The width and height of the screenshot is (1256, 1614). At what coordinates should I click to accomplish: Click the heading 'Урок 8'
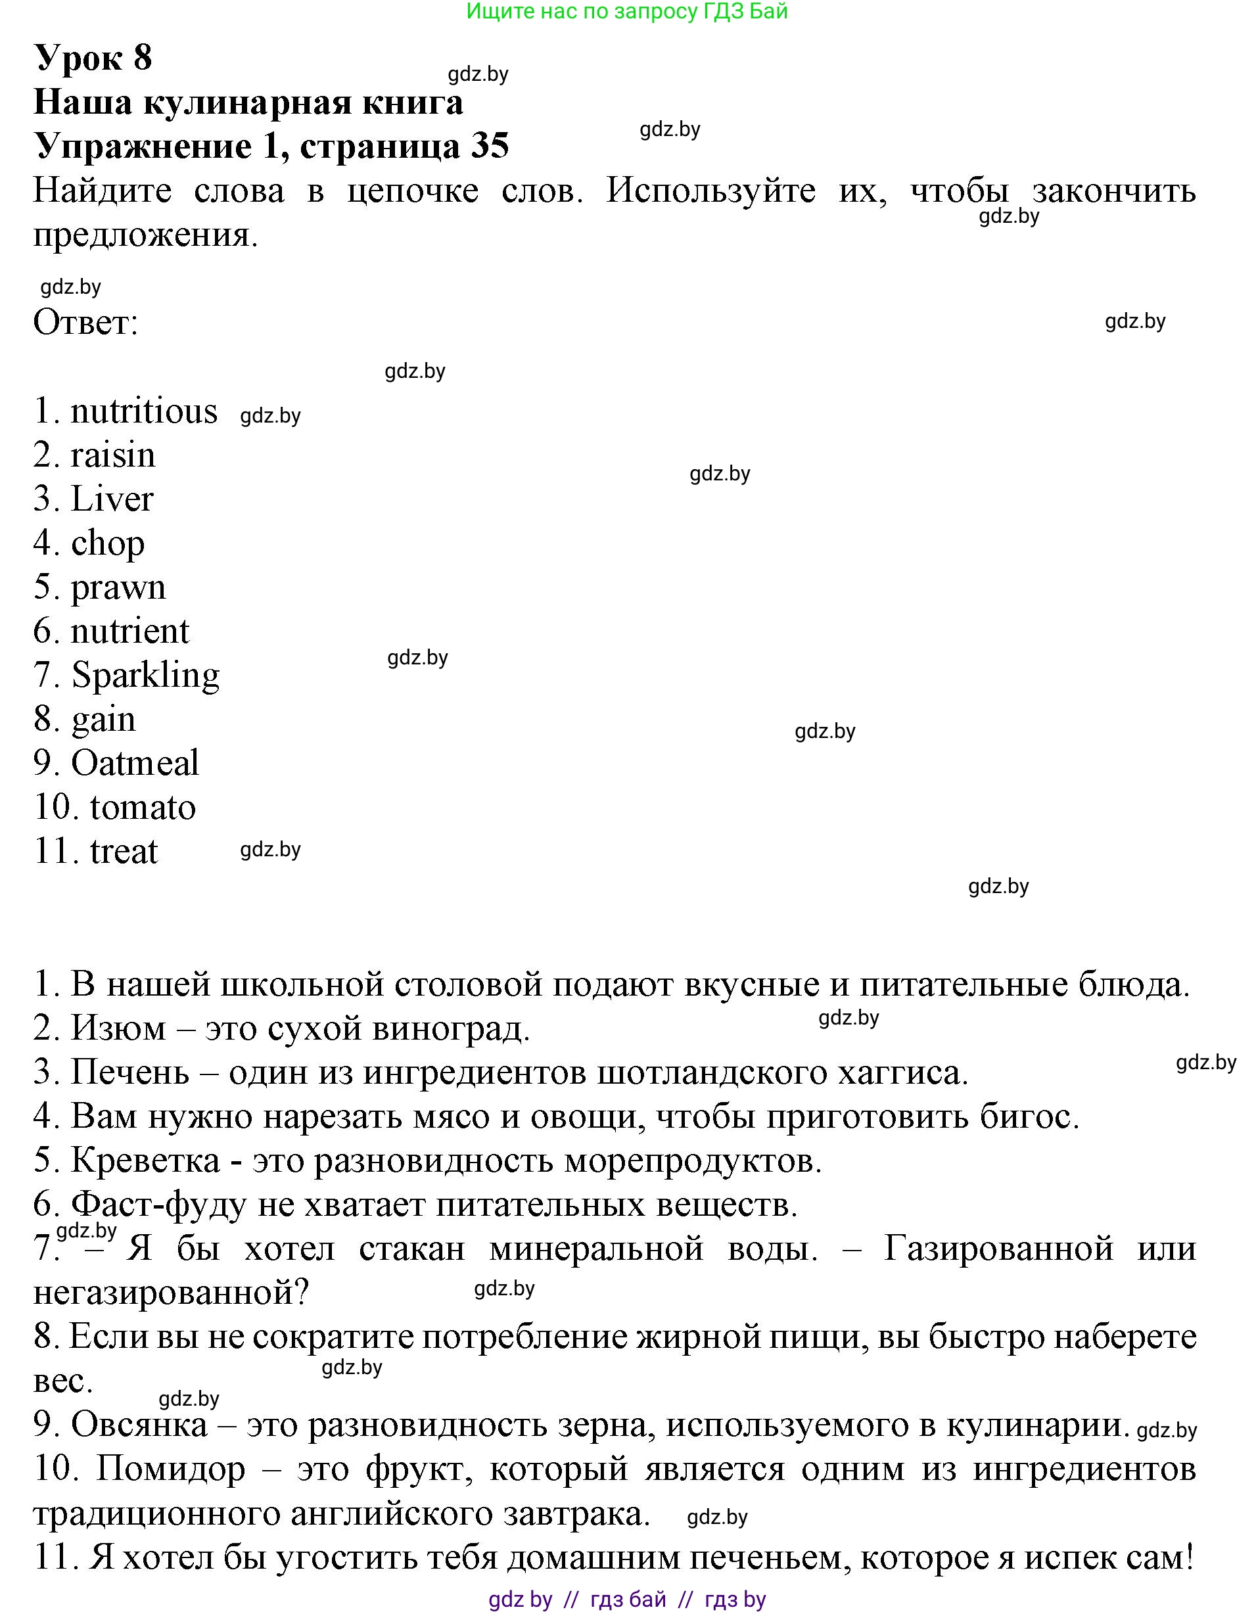point(93,58)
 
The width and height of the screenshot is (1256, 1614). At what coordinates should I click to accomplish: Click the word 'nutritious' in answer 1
point(144,411)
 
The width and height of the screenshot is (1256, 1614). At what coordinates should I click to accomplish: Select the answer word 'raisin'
point(113,455)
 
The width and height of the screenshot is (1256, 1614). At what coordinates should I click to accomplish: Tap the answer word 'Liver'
point(112,499)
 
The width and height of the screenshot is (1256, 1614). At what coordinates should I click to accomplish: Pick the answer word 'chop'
point(108,544)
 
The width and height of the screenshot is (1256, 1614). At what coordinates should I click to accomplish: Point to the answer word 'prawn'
point(118,588)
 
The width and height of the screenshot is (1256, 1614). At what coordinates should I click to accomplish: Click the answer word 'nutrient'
point(130,631)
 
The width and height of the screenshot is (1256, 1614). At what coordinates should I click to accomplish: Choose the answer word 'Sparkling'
point(146,676)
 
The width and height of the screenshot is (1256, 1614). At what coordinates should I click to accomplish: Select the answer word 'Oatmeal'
point(135,763)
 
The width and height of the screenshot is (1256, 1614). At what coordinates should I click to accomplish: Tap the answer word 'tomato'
point(143,807)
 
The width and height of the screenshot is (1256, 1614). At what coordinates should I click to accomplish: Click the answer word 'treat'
point(124,851)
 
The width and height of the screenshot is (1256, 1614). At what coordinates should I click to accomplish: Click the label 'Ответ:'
point(85,322)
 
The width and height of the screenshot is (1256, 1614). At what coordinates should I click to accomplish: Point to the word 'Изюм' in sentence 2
point(118,1028)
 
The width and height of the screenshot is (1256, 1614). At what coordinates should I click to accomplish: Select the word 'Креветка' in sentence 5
point(146,1161)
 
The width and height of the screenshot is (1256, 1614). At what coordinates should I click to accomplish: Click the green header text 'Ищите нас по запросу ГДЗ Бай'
point(627,11)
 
